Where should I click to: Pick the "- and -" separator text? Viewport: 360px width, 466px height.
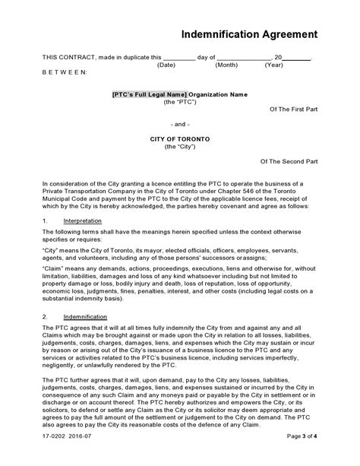tap(180, 123)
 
